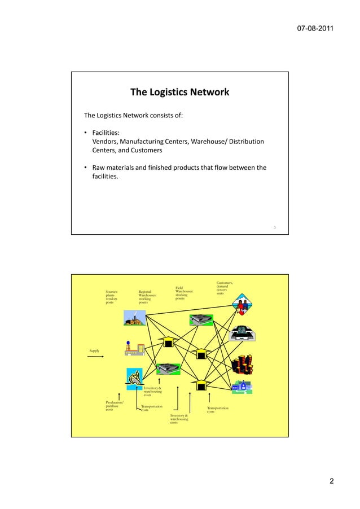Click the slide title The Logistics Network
[x=179, y=92]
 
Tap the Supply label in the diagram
[x=95, y=351]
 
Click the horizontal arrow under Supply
[x=96, y=357]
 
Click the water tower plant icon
[x=134, y=349]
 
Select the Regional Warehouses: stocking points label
[x=147, y=297]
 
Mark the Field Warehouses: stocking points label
[x=185, y=292]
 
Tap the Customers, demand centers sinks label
[x=225, y=287]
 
